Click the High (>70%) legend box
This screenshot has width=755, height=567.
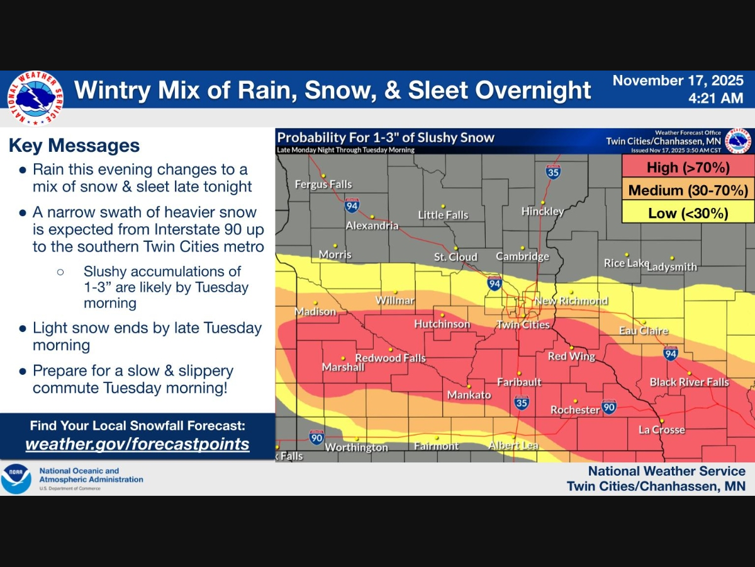pos(688,168)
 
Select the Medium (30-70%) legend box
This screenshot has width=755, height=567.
pos(688,190)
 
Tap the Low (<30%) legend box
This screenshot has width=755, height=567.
pos(688,214)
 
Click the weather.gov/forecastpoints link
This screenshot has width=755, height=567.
pos(137,444)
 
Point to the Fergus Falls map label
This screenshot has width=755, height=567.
pos(323,185)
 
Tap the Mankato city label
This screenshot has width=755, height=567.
pos(469,395)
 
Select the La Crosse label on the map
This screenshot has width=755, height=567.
pos(661,430)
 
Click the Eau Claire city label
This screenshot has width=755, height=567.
pos(644,331)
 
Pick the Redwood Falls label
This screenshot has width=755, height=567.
pos(390,358)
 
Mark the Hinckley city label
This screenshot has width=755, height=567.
pos(542,212)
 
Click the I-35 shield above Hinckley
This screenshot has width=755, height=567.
pos(553,171)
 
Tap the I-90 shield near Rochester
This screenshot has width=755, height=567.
pos(608,407)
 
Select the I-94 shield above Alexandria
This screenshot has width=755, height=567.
pos(352,205)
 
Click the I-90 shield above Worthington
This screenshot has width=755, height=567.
pos(316,437)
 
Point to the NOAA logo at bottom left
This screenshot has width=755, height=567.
pos(16,479)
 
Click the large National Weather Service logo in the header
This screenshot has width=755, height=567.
pos(36,98)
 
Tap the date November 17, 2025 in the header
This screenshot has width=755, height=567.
pos(678,81)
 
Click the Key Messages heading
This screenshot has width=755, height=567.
pos(74,146)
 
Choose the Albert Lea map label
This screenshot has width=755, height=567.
pos(513,445)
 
